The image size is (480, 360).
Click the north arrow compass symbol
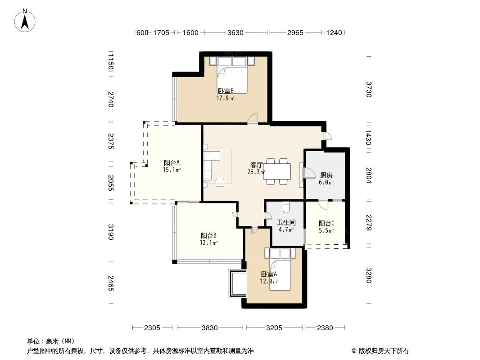(x=26, y=20)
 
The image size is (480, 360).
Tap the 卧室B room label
(x=225, y=91)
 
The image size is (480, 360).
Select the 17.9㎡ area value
(x=225, y=98)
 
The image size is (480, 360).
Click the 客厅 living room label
(x=256, y=165)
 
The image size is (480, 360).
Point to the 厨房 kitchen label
(x=326, y=175)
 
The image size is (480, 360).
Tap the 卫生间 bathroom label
(x=286, y=222)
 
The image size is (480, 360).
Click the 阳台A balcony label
(x=172, y=162)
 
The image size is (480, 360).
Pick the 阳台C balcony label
(x=326, y=223)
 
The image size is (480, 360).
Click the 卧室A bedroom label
(x=269, y=274)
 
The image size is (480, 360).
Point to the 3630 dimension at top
(x=235, y=33)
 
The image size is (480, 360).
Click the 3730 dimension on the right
(x=369, y=89)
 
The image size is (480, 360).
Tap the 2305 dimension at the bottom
(x=152, y=328)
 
